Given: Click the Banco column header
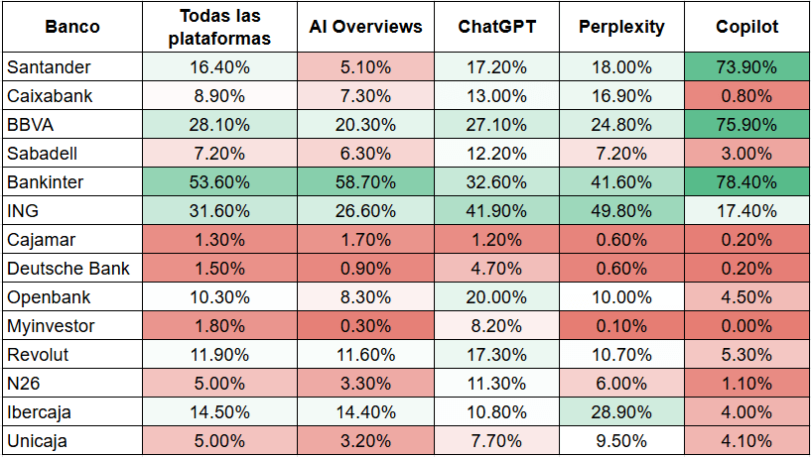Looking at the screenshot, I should (x=72, y=27).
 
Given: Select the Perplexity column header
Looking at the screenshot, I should (x=621, y=27).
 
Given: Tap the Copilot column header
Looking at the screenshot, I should (x=746, y=27).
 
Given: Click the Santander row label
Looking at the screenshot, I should (x=49, y=67).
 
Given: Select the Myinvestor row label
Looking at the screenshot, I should (x=51, y=326).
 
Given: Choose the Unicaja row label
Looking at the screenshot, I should (x=39, y=441).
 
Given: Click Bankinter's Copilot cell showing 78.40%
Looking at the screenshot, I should (x=746, y=182).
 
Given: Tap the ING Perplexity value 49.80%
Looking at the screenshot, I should (x=621, y=211).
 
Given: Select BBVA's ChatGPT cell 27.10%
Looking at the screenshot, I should (x=496, y=125).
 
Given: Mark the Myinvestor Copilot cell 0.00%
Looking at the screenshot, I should (x=746, y=326).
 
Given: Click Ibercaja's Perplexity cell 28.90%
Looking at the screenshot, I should (x=621, y=412).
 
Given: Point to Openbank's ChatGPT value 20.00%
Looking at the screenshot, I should (x=496, y=297).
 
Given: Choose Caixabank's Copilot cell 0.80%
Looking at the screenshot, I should (x=746, y=96).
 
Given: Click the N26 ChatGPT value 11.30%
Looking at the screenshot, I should (x=496, y=384).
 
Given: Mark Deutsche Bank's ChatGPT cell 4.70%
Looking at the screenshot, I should (x=496, y=269).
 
